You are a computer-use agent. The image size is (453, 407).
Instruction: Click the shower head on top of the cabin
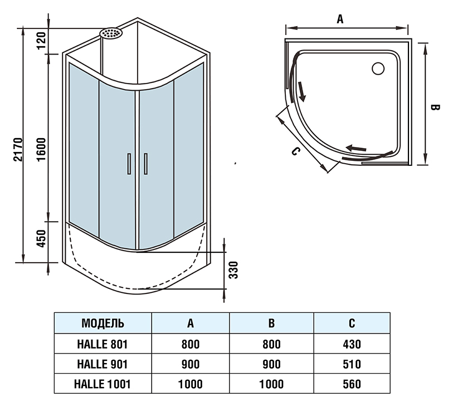tap(112, 33)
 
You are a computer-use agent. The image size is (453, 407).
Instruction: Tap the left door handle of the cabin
tap(129, 163)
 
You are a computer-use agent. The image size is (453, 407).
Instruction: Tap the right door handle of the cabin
tap(145, 163)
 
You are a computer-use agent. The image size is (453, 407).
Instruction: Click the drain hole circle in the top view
tap(377, 68)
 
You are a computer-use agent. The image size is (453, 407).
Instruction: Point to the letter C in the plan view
tap(296, 150)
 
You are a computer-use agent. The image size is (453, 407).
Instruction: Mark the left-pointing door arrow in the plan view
tap(357, 148)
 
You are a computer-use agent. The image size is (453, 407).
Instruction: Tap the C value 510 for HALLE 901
tap(352, 364)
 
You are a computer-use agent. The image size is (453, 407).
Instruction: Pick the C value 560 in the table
tap(352, 384)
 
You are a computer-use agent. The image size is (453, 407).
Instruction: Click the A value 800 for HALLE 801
tap(191, 344)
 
